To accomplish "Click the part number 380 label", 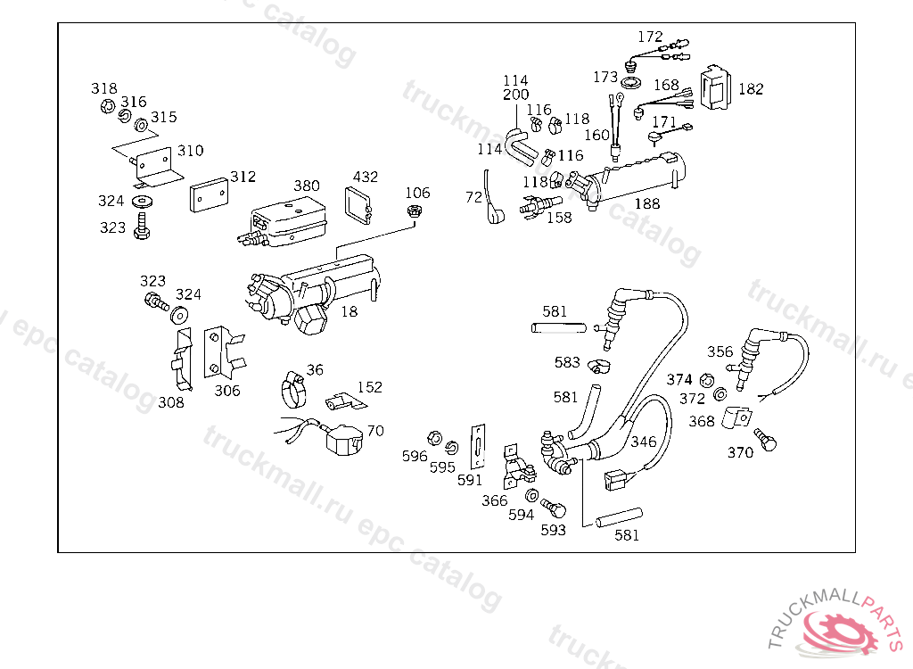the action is tap(307, 186).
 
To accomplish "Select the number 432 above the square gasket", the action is tap(365, 177).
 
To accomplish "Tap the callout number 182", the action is tap(751, 88).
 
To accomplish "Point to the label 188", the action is tap(647, 203).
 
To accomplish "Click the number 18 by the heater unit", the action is tap(349, 312).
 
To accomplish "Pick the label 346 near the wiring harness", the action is tap(644, 442).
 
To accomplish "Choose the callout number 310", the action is tap(191, 151).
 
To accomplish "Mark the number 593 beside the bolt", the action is tap(553, 530).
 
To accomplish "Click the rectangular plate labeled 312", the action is tap(209, 194).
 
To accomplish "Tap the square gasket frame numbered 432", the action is tap(358, 204).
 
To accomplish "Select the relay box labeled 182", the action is tap(715, 87).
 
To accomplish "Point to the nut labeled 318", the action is tap(107, 106).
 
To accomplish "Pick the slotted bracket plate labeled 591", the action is tap(478, 446).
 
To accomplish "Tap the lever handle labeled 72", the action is tap(493, 197).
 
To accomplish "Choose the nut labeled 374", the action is tap(707, 381).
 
